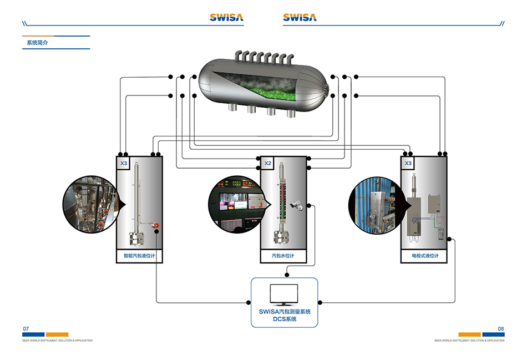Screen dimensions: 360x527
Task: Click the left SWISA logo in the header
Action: pos(226,17)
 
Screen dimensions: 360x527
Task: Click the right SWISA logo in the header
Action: pos(300,17)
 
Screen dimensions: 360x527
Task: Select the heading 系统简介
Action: pos(37,43)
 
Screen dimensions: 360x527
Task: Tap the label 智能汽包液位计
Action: pos(139,256)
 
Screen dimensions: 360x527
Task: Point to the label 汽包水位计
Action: pos(283,256)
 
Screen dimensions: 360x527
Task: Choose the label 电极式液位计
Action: pos(425,256)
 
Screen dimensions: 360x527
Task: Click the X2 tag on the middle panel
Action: pos(267,164)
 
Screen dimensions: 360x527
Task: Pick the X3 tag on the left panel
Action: pos(124,164)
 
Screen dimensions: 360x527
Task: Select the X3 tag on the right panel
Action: pos(408,164)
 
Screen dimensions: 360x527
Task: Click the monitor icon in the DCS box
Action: pos(283,295)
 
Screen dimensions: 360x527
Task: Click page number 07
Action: pos(26,329)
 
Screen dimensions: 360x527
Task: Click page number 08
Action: pos(501,329)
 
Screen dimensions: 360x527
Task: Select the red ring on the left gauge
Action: pos(157,225)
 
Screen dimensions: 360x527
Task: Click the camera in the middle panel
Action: pos(296,205)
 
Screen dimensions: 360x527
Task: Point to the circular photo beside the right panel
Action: pos(374,204)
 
